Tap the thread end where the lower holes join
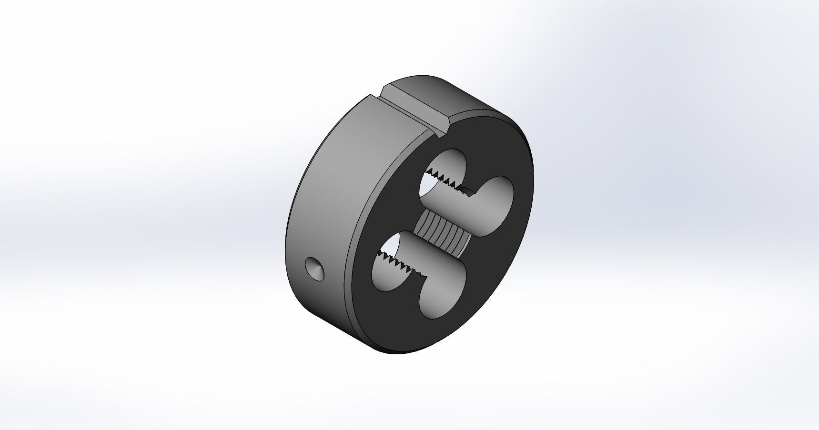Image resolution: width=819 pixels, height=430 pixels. (421, 274)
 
